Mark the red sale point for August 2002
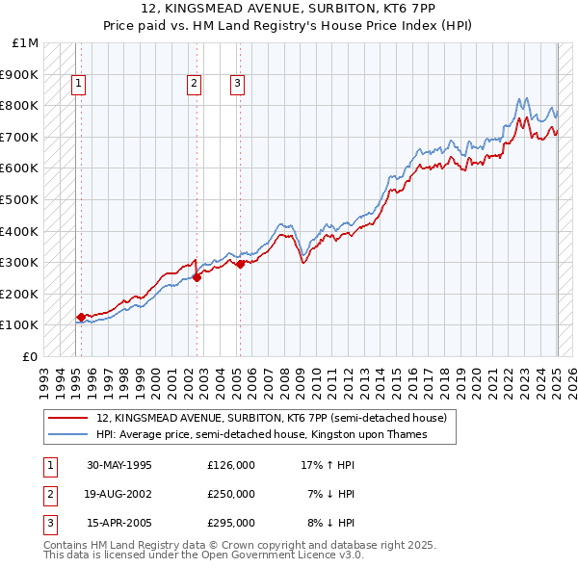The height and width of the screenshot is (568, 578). tap(197, 278)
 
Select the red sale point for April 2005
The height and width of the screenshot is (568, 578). tap(240, 264)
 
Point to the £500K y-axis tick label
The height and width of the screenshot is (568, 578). tap(19, 199)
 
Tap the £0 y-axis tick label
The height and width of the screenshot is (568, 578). tap(31, 356)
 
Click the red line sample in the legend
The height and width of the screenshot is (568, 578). tap(68, 419)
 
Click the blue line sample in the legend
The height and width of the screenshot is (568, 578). tap(68, 434)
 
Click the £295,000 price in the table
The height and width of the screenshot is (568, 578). tap(231, 523)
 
